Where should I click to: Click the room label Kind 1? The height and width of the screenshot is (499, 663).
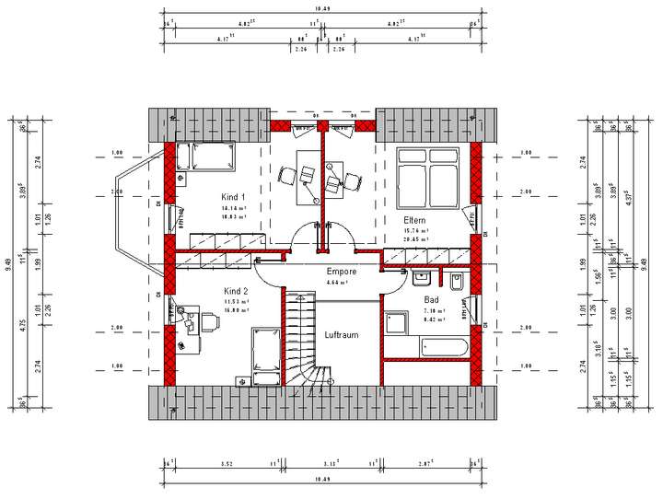tap(234, 198)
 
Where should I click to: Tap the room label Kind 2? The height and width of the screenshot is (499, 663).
tap(237, 291)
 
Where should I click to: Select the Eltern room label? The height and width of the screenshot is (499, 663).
tap(414, 221)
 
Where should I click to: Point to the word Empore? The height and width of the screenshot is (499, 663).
tap(342, 272)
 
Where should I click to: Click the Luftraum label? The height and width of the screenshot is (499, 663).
tap(341, 335)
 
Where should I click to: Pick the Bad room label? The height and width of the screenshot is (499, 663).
tap(431, 300)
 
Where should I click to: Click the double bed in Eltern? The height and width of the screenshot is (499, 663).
tap(426, 176)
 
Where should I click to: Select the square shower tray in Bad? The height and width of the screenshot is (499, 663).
tap(397, 323)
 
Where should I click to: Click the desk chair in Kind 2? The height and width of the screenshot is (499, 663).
tap(192, 321)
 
